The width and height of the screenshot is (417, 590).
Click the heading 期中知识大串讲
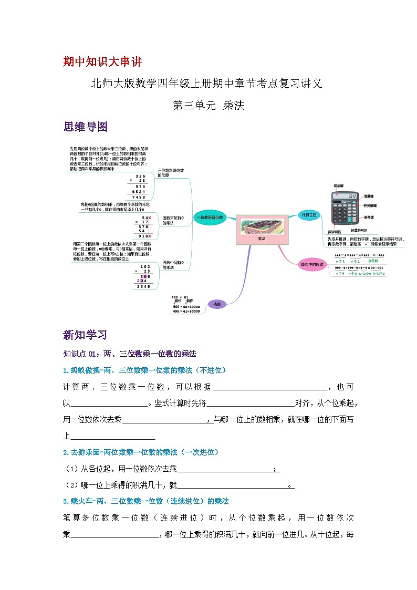coord(102,62)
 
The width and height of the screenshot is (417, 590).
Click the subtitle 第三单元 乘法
coord(208,105)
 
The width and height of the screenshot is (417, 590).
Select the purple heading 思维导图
coord(85,127)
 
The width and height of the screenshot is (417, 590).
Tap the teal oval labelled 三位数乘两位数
coord(210,217)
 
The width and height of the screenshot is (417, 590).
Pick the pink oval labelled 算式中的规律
coord(312,264)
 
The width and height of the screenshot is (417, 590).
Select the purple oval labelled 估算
coord(216,304)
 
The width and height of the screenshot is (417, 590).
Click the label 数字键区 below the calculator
coord(335,231)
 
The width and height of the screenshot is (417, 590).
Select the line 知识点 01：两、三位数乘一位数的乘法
coord(129,354)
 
